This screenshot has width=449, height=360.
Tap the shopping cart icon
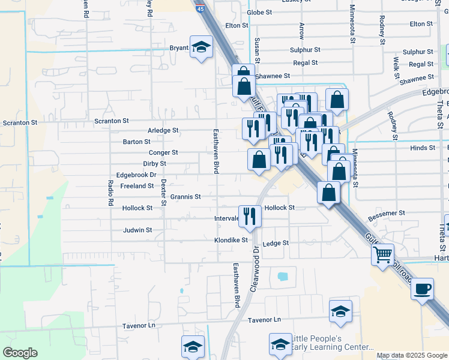coord(383,254)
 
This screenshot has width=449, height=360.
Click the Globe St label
coord(259,12)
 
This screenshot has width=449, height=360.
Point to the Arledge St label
coord(163,130)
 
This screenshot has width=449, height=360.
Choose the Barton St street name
coord(137,142)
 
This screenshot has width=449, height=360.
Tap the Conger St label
coord(163,153)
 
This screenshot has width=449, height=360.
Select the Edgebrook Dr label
coord(136,175)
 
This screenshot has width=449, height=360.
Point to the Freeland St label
coord(137,186)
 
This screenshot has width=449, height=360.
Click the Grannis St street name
coord(185,196)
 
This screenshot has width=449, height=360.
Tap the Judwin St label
coord(137,230)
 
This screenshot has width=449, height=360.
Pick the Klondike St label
coord(231,240)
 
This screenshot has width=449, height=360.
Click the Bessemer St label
coord(387,213)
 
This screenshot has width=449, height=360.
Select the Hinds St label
coord(423,148)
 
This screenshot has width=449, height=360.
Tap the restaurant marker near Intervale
coord(249,217)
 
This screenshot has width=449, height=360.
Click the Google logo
coord(20,353)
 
